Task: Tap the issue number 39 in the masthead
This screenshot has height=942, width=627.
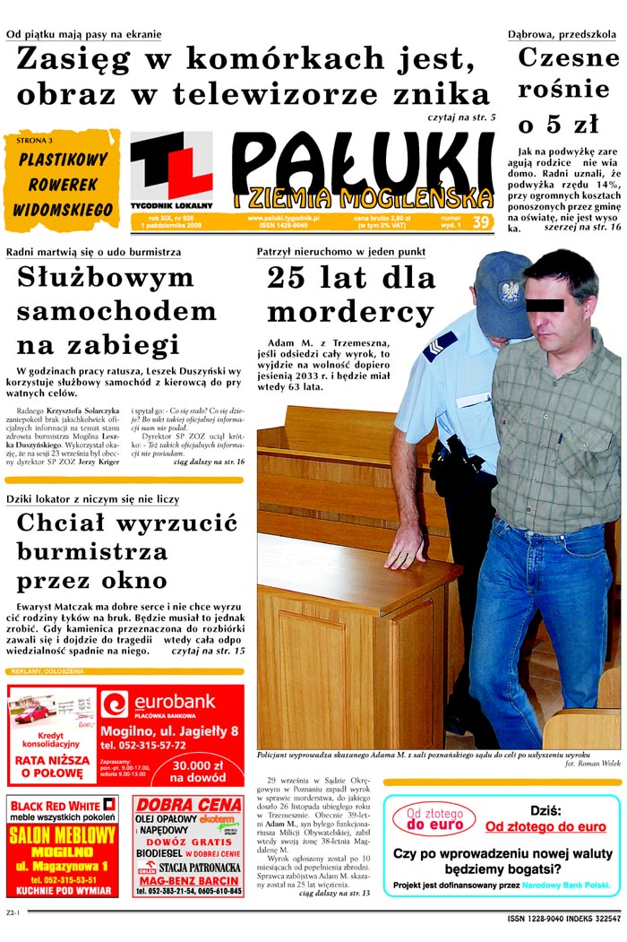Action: click(481, 221)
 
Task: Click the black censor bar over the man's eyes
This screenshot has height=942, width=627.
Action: click(545, 305)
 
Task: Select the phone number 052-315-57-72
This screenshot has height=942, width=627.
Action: click(143, 745)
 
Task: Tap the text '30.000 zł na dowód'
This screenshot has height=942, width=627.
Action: click(198, 772)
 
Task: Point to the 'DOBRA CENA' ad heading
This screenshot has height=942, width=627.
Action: click(188, 804)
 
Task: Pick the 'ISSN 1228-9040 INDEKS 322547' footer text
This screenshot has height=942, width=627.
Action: click(563, 918)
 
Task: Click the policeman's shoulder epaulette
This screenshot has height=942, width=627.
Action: click(440, 345)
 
